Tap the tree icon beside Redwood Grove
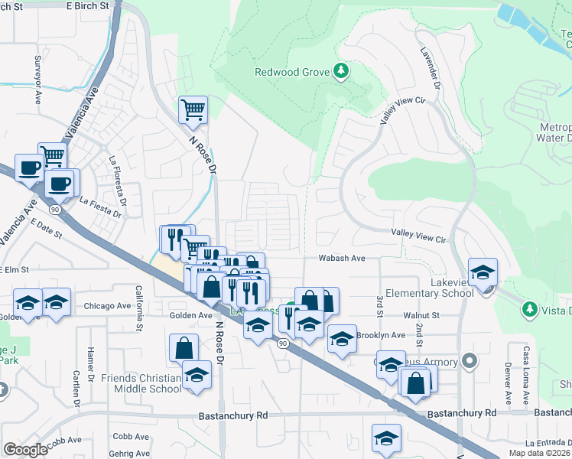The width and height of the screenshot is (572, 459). point(341,73)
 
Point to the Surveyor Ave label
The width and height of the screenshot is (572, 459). point(36,71)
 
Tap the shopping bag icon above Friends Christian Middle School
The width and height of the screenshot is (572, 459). point(184,347)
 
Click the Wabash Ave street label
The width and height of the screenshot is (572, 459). point(342,259)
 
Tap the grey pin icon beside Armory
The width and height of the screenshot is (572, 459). point(470,361)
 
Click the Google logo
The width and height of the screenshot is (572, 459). point(26,450)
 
